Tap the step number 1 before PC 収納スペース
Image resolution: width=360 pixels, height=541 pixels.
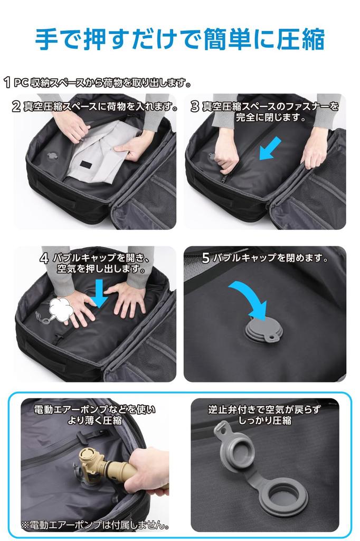(x=7, y=82)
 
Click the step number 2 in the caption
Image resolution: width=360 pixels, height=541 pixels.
(x=16, y=106)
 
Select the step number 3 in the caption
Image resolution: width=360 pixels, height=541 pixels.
(x=195, y=106)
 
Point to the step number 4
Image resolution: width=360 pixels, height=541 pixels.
(x=44, y=258)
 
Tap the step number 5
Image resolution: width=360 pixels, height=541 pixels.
(x=206, y=258)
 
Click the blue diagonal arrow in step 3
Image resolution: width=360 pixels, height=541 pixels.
(x=269, y=148)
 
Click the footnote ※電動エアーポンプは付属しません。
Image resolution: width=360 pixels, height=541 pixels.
(x=95, y=525)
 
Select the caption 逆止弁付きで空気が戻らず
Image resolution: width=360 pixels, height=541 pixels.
(x=264, y=409)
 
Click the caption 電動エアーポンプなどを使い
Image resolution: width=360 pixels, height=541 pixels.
(x=94, y=409)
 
